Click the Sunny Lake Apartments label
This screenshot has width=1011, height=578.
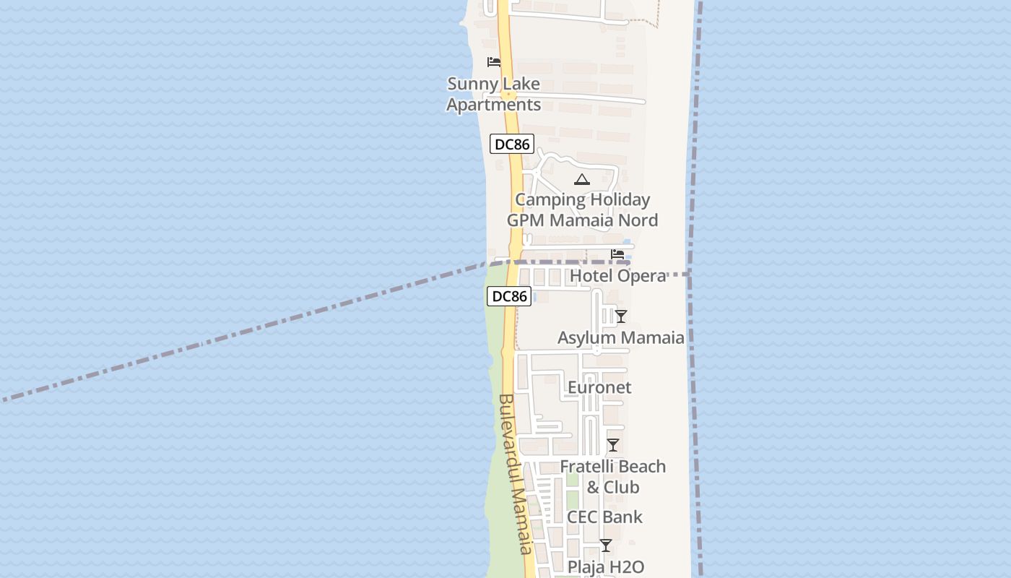[x=493, y=94]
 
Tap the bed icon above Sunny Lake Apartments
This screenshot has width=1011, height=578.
[x=494, y=61]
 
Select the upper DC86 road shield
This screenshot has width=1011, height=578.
[x=512, y=144]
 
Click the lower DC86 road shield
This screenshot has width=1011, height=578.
[x=510, y=296]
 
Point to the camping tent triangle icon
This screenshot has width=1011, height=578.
[x=582, y=179]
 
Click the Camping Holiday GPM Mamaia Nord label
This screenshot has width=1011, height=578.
[x=582, y=210]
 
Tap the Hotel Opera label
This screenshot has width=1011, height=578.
[x=617, y=276]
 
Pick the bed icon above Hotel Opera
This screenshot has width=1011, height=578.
[x=617, y=254]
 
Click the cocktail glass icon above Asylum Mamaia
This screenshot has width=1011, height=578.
[x=620, y=316]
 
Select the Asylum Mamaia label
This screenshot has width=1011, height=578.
[x=621, y=337]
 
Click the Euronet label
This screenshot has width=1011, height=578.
[x=599, y=387]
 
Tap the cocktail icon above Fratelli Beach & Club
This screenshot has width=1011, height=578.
[x=613, y=445]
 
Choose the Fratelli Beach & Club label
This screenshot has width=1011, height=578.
[x=613, y=477]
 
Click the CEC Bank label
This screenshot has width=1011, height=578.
[x=604, y=517]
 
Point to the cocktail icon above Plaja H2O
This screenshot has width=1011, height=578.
[x=606, y=545]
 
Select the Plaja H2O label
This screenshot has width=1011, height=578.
[x=605, y=567]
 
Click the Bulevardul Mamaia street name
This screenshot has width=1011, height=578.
[x=515, y=473]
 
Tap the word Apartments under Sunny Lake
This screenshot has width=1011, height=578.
[x=493, y=105]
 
